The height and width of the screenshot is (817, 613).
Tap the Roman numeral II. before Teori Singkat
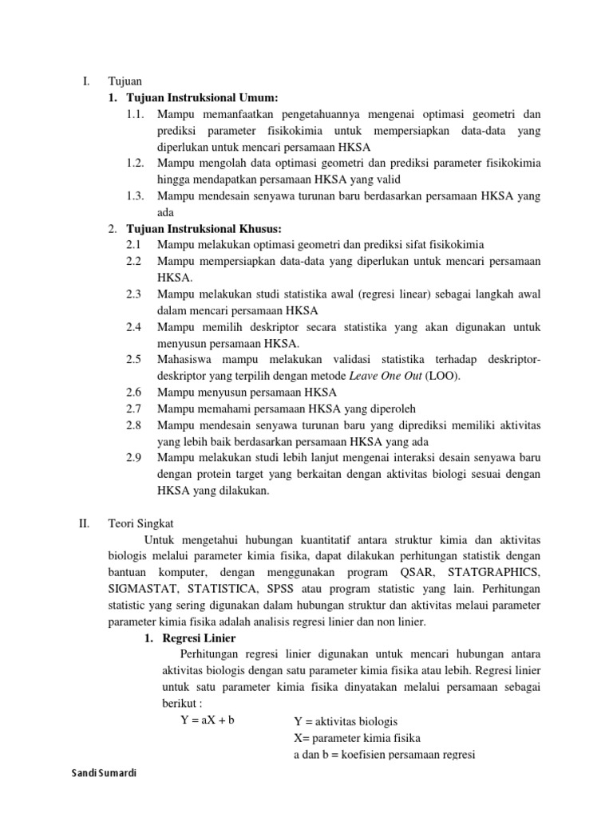coord(85,523)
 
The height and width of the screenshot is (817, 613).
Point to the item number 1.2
coord(135,163)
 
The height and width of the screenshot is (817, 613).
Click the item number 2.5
coord(133,360)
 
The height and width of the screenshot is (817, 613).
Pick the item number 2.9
coord(133,458)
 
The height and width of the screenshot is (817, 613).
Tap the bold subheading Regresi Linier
coord(199,638)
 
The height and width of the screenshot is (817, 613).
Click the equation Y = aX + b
coord(208,720)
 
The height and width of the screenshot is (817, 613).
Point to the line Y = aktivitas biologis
coord(345,721)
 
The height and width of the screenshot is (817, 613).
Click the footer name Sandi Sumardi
coord(103,773)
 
